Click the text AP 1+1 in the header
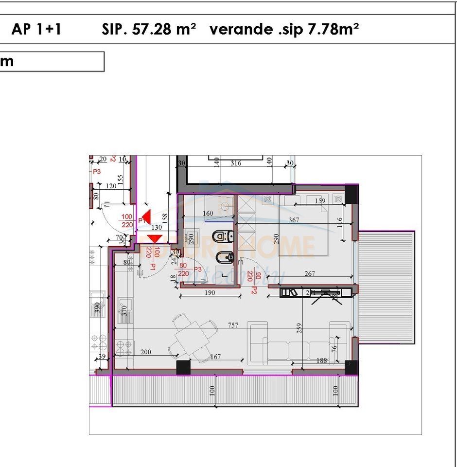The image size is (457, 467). click(36, 30)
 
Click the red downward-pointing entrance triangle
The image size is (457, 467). click(155, 238)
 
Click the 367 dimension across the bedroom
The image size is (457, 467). click(294, 220)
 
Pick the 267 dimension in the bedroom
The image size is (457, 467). click(310, 273)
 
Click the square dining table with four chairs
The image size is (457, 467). click(193, 335)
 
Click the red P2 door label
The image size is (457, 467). click(254, 290)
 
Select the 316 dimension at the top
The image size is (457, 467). click(235, 163)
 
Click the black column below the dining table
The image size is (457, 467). click(183, 368)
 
